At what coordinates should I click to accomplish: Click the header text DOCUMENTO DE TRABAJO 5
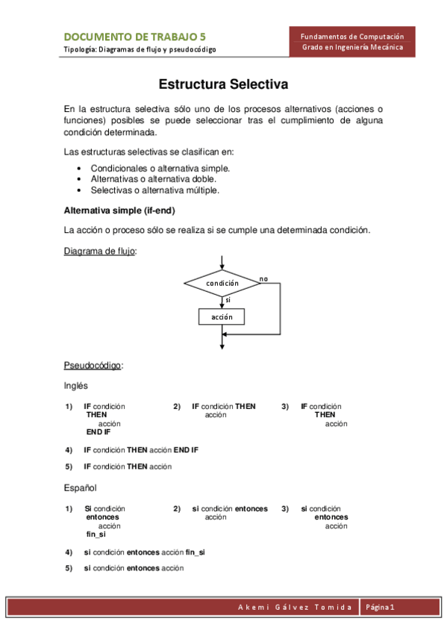[141, 36]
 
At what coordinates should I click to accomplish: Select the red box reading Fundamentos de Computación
[352, 36]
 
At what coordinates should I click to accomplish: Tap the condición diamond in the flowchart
[222, 283]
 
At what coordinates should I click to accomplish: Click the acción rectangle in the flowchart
[222, 316]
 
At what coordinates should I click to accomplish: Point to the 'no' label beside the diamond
[263, 278]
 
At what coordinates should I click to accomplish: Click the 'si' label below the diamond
[228, 299]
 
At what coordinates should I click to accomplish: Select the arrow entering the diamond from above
[222, 263]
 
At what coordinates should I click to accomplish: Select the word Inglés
[76, 386]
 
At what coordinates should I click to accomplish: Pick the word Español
[81, 488]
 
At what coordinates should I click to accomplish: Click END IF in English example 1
[99, 432]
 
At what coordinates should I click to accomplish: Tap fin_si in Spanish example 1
[96, 534]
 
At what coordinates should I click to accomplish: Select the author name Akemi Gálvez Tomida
[294, 607]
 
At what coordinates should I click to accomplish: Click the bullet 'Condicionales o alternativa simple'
[160, 169]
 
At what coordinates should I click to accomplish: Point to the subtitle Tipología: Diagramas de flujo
[139, 49]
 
